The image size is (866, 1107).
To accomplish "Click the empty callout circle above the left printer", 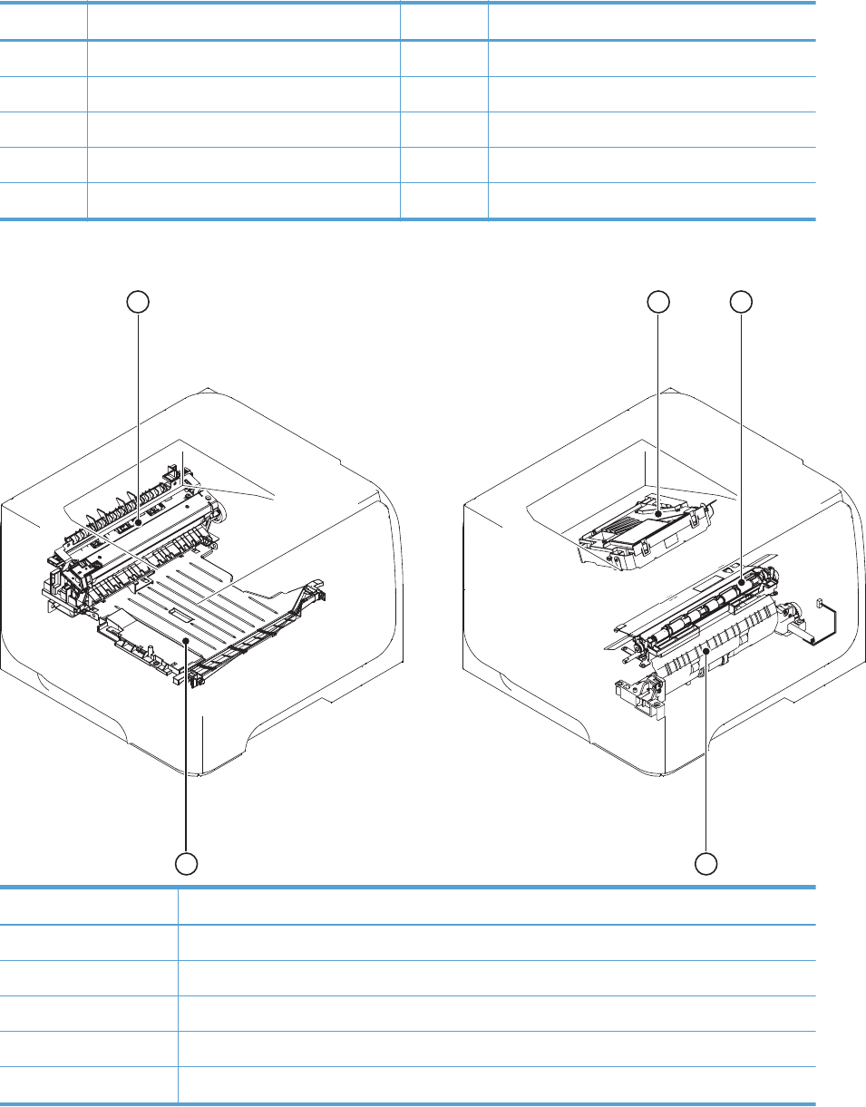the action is point(139,302).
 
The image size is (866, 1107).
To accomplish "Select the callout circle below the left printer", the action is point(187,864).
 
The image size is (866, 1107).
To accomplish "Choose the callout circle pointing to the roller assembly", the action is point(742,302).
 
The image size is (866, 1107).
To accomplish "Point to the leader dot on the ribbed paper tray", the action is point(187,640).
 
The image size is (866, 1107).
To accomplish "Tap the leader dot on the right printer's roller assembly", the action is point(742,574).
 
